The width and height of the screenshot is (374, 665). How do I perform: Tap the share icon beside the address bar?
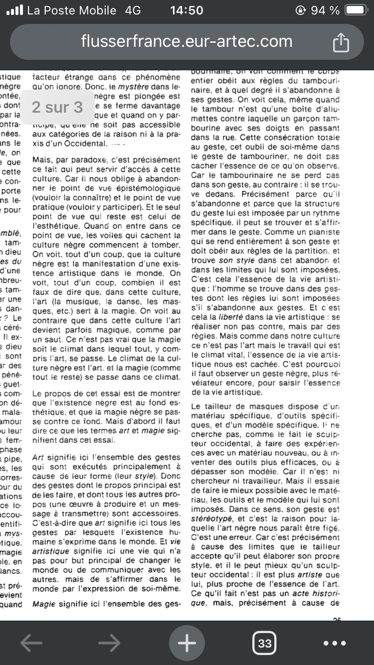coord(341,42)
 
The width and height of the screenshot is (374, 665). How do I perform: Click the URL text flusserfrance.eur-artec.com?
coord(187,41)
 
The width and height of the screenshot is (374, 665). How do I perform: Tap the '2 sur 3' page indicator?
coord(57,107)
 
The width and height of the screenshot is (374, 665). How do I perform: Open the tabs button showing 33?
coord(265,644)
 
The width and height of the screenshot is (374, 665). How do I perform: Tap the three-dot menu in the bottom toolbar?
coord(335,644)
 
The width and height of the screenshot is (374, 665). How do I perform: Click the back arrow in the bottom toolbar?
coord(31,644)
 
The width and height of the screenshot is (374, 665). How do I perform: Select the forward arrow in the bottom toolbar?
coord(109,644)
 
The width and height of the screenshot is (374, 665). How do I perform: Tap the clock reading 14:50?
coord(187,10)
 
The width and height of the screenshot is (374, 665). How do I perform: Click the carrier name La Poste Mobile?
coord(72,10)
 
